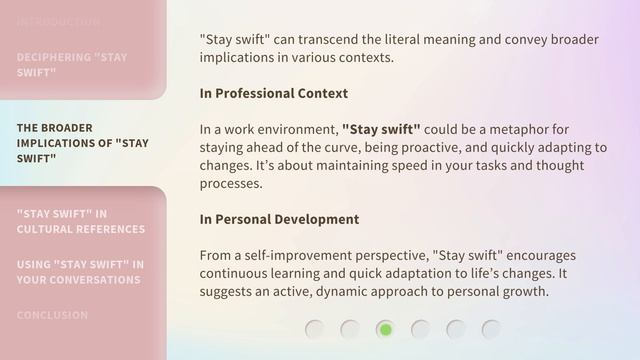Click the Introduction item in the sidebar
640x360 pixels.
(x=58, y=21)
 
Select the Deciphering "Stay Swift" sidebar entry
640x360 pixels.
(x=72, y=65)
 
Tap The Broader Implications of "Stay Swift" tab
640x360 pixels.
(x=82, y=143)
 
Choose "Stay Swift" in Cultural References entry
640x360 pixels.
(x=80, y=221)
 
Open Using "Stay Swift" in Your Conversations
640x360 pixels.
(x=80, y=272)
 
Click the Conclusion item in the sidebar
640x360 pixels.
(x=52, y=315)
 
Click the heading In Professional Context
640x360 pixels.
(x=273, y=93)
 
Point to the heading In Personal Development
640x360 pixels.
(x=279, y=219)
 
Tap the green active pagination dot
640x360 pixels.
(x=385, y=329)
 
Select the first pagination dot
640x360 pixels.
(x=315, y=329)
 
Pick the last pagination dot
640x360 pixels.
(x=490, y=329)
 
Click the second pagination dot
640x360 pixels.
(x=350, y=329)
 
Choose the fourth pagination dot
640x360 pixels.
(x=420, y=329)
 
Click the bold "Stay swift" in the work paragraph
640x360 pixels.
(x=381, y=130)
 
